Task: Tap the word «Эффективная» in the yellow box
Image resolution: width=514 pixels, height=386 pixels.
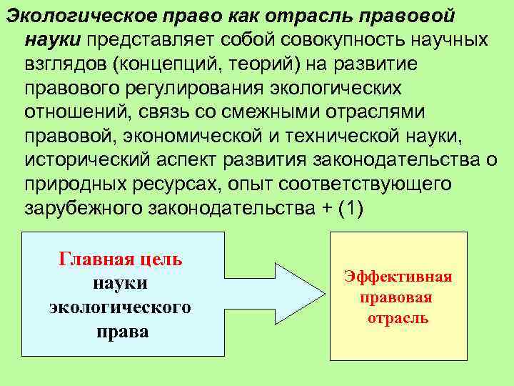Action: tap(398, 277)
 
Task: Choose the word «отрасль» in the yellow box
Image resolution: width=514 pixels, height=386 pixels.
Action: tap(398, 318)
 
